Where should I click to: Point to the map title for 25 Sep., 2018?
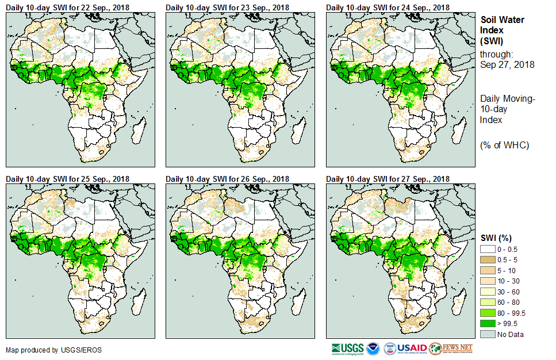(68, 179)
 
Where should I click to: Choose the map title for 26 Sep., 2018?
(228, 179)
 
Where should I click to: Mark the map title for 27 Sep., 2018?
(388, 179)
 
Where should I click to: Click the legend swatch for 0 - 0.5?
(488, 248)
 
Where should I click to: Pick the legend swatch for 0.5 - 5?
(488, 259)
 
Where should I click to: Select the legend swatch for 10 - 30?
(488, 281)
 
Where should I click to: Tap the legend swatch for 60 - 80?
(488, 302)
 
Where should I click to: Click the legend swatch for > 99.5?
(488, 323)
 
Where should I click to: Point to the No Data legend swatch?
(488, 334)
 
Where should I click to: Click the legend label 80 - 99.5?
(512, 313)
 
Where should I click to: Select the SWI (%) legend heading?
(496, 238)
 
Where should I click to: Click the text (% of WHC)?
(504, 145)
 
